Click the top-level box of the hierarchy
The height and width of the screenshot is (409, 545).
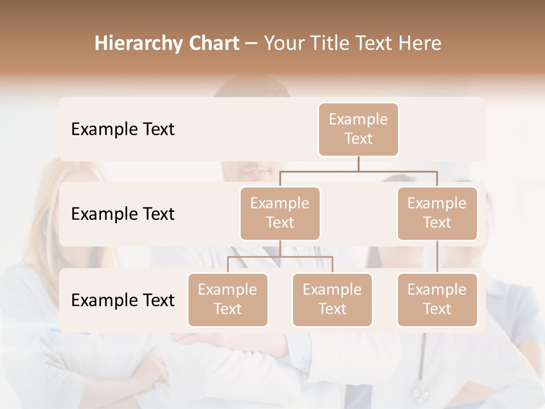[x=358, y=129]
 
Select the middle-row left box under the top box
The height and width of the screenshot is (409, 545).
[x=280, y=213]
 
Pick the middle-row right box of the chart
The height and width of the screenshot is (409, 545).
[x=437, y=213]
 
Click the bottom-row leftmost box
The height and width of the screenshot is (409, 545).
[x=228, y=299]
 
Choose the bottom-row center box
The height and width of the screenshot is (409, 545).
[x=332, y=299]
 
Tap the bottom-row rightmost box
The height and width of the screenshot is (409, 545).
[x=437, y=299]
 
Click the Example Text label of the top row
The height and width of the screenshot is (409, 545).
[x=123, y=129]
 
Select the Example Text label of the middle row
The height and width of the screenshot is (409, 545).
[x=123, y=214]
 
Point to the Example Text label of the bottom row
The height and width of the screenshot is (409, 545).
[x=123, y=300]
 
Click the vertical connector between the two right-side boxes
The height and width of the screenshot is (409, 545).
[x=437, y=256]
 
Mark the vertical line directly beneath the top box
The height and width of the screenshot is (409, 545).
[x=358, y=163]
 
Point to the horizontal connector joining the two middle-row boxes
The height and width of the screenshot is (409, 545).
[x=358, y=170]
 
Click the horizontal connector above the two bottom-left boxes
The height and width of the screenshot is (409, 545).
[x=280, y=257]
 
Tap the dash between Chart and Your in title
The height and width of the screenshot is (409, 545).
[x=251, y=44]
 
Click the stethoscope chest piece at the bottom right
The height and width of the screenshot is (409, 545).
[x=420, y=391]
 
